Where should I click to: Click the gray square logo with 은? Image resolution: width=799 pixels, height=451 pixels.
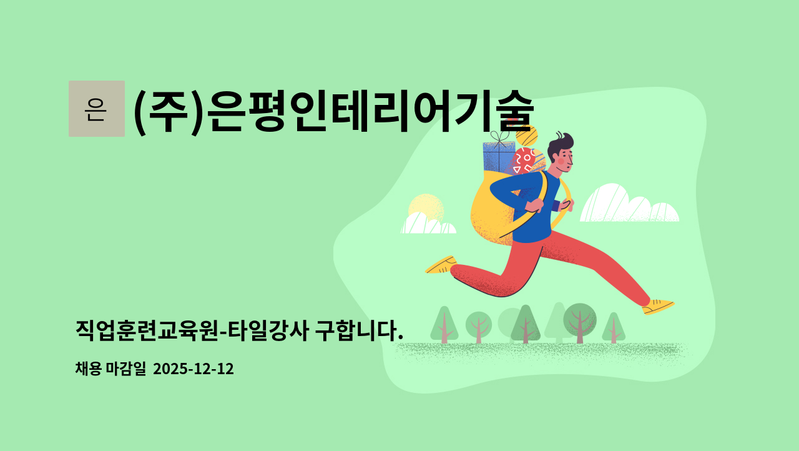pyautogui.click(x=97, y=109)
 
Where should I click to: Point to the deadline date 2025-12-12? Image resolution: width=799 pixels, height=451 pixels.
pyautogui.click(x=194, y=369)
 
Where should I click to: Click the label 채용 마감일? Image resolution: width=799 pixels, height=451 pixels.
pyautogui.click(x=110, y=369)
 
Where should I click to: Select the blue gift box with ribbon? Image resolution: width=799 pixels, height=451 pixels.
pyautogui.click(x=498, y=156)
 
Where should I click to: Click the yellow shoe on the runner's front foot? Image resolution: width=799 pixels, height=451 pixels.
pyautogui.click(x=658, y=306)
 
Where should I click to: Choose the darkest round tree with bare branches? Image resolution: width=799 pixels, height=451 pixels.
pyautogui.click(x=580, y=320)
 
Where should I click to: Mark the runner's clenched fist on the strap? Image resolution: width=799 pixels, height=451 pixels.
pyautogui.click(x=534, y=206)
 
